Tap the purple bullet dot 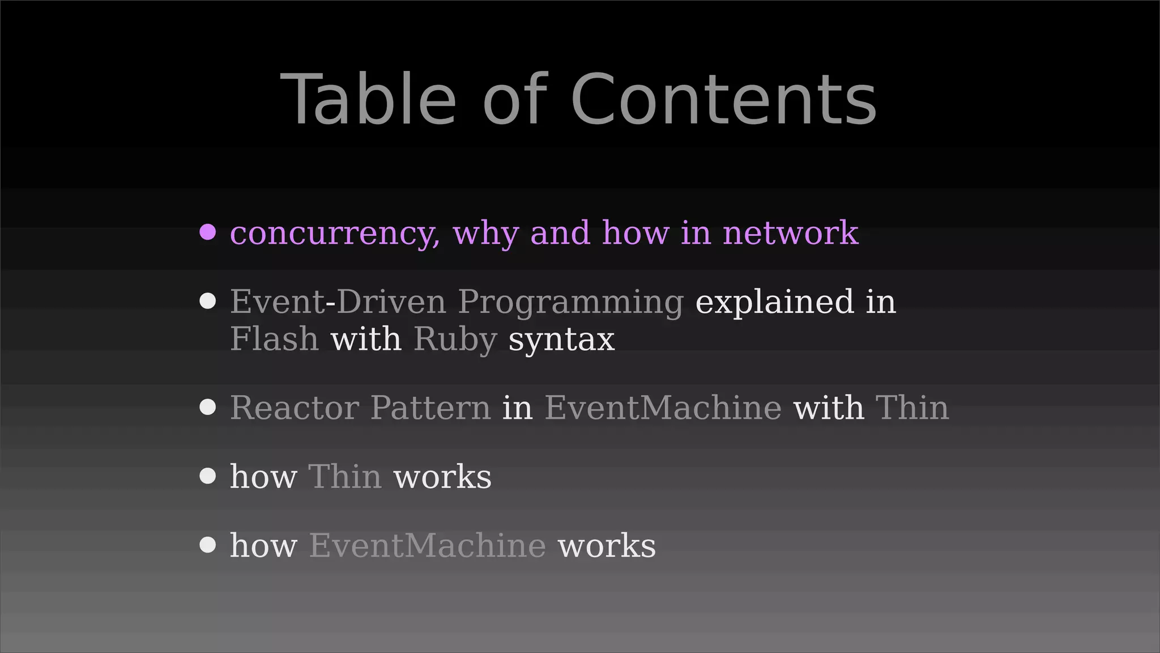click(x=208, y=232)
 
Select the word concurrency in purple click(x=335, y=233)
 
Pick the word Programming click(x=570, y=303)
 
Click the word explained click(x=774, y=302)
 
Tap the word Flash click(x=274, y=339)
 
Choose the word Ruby click(x=455, y=340)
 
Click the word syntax click(x=561, y=340)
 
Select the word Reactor click(x=294, y=408)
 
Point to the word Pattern click(x=430, y=408)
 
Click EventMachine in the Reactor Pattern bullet click(x=663, y=408)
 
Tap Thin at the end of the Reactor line click(x=912, y=408)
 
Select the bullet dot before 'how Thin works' click(x=208, y=476)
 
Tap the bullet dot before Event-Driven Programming click(x=208, y=301)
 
